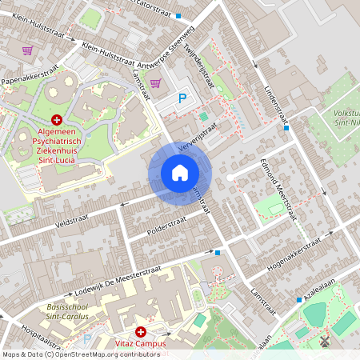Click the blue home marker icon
[x=180, y=172]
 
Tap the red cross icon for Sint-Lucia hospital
[x=56, y=118]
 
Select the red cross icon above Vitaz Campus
[x=141, y=331]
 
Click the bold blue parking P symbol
[x=182, y=98]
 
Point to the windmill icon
[x=325, y=341]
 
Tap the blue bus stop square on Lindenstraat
[x=286, y=127]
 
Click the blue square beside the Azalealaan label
[x=299, y=300]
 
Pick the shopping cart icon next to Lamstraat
[x=155, y=82]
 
